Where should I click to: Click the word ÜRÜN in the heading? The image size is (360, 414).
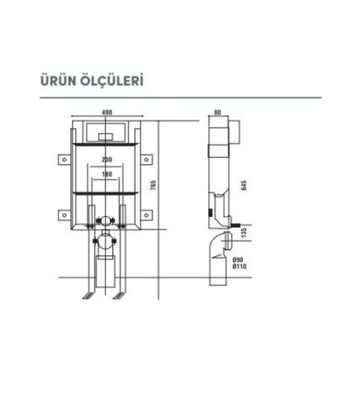(x=58, y=80)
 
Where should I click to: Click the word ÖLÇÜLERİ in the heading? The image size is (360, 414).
(x=112, y=80)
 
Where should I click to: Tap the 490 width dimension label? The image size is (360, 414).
(x=107, y=112)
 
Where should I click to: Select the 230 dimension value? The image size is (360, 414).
(x=107, y=159)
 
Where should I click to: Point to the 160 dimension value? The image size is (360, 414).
(x=107, y=174)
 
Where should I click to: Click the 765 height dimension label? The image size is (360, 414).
(x=153, y=185)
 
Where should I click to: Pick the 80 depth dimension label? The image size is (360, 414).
(x=218, y=112)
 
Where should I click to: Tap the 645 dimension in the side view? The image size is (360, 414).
(x=243, y=185)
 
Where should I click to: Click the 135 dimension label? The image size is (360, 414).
(x=243, y=232)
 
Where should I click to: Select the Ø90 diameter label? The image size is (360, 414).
(x=238, y=260)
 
